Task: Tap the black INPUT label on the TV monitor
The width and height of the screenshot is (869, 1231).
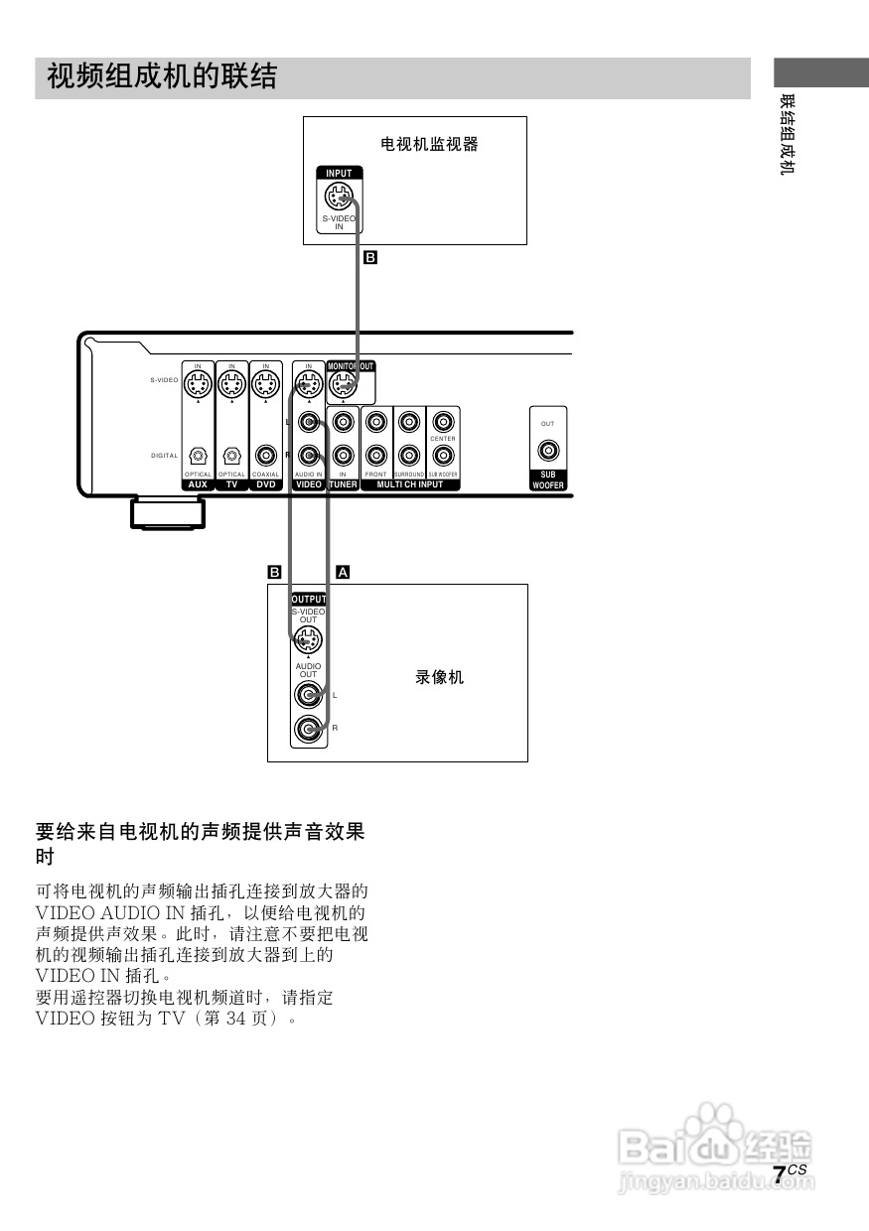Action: [x=339, y=173]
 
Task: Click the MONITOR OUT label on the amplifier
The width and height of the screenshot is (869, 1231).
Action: [x=351, y=366]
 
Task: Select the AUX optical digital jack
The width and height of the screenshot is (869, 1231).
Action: [x=198, y=456]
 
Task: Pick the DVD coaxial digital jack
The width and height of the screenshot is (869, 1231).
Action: [x=265, y=456]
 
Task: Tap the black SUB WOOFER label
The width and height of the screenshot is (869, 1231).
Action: [x=547, y=480]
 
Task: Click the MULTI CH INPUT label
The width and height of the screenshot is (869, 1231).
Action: [x=410, y=485]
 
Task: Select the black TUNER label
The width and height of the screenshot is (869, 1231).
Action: [x=343, y=485]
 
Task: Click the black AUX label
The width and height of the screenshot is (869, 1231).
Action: [x=198, y=485]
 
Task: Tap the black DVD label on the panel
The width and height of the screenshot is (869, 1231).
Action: [x=265, y=485]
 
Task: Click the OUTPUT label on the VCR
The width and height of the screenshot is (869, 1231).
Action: [x=308, y=600]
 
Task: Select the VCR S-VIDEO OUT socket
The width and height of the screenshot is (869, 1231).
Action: [x=308, y=640]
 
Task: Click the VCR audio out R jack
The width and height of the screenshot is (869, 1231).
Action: [x=308, y=732]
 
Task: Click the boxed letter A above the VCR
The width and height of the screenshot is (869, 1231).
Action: [x=344, y=572]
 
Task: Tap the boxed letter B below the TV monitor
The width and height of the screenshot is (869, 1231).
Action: [x=370, y=257]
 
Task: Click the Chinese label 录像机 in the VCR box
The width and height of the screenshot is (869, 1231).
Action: [x=439, y=678]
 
